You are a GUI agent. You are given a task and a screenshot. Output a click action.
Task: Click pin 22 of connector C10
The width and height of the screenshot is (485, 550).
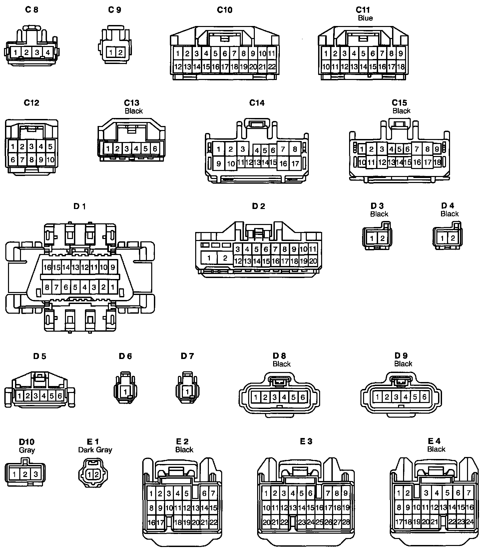[272, 67]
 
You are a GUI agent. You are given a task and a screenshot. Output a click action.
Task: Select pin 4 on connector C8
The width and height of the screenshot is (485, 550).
[48, 52]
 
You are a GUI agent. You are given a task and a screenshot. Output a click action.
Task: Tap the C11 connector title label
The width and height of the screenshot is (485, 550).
[362, 10]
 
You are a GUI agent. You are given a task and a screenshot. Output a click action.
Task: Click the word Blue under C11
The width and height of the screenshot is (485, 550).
[365, 18]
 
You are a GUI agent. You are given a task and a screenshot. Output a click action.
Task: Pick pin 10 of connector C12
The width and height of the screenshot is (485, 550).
[50, 160]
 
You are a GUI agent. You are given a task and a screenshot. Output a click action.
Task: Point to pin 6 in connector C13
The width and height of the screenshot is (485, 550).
[155, 149]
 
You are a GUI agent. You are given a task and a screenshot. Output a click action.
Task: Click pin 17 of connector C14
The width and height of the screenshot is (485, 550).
[295, 164]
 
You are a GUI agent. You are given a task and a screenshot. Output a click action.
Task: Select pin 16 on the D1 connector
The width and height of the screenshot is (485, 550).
[47, 267]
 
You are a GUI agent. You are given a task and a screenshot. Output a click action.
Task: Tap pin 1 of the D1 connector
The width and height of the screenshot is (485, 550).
[113, 287]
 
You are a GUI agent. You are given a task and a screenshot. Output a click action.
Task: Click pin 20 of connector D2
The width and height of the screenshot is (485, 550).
[313, 261]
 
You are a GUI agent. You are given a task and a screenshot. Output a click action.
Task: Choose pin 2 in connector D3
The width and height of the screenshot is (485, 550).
[382, 238]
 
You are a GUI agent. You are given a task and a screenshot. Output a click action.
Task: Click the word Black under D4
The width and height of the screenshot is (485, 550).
[449, 214]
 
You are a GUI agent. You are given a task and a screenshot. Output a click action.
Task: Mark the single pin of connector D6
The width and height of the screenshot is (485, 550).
[125, 391]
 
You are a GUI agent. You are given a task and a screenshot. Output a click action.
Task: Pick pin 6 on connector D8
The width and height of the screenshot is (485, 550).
[302, 397]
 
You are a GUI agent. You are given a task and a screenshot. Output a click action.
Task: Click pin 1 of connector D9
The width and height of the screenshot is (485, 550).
[377, 397]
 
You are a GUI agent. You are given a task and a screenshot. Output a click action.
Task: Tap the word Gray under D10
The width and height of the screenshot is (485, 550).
[27, 450]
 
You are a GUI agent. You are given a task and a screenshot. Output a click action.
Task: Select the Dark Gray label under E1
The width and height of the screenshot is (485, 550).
[95, 450]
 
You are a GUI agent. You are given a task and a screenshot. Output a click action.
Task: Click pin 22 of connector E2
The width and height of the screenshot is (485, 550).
[213, 522]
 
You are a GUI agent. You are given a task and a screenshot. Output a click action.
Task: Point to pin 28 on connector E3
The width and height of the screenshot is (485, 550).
[346, 522]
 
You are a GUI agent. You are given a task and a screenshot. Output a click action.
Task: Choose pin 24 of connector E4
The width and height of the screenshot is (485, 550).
[470, 522]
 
